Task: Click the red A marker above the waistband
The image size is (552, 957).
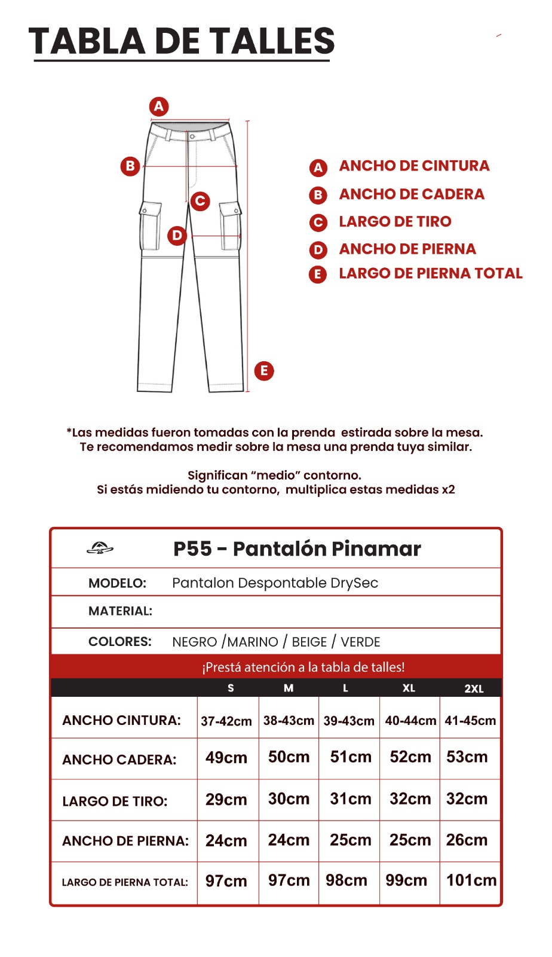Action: (159, 106)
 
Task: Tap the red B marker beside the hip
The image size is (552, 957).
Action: (130, 166)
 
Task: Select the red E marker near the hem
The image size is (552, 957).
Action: (264, 371)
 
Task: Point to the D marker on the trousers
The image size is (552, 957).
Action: (177, 235)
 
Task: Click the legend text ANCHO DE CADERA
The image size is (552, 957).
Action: (411, 194)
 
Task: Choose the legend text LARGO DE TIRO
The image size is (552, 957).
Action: (395, 222)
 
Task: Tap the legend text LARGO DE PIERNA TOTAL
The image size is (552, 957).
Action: (430, 273)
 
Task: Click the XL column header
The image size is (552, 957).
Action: (409, 688)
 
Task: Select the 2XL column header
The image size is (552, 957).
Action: (474, 688)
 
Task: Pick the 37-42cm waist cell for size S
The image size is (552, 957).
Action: (226, 721)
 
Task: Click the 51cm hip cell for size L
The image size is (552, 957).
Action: (351, 757)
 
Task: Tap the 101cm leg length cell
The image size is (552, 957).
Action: (471, 880)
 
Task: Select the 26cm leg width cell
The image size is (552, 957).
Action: (467, 840)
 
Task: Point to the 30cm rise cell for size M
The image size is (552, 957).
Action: (289, 799)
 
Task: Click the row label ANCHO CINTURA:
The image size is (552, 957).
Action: (121, 720)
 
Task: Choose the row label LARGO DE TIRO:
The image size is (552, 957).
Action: (115, 801)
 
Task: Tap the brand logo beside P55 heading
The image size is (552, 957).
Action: (100, 548)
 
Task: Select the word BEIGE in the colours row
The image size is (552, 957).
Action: (309, 642)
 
